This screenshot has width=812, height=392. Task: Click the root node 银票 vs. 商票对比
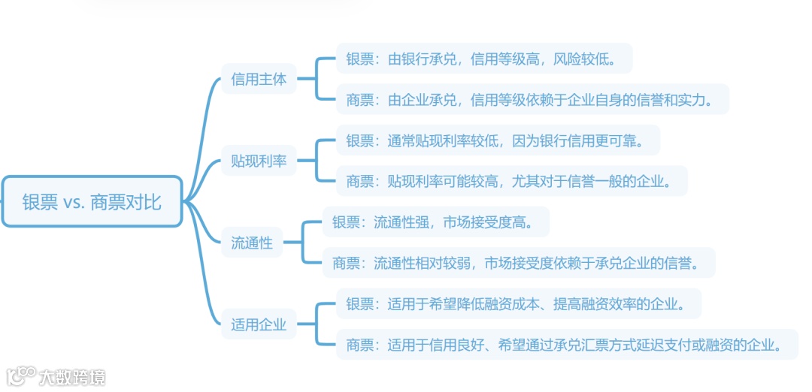[x=92, y=201]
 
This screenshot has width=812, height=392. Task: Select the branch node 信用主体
[x=259, y=79]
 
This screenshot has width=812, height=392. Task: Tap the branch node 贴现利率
[x=259, y=161]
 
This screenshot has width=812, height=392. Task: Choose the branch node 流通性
[x=252, y=243]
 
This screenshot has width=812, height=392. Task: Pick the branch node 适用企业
[x=259, y=324]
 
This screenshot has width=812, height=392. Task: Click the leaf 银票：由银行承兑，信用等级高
[x=483, y=59]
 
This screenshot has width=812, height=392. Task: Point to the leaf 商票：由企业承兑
[x=532, y=99]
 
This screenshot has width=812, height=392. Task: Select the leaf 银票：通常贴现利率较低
[x=497, y=140]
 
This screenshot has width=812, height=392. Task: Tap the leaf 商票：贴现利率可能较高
[x=511, y=181]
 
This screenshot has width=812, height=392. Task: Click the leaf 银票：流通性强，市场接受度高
[x=435, y=222]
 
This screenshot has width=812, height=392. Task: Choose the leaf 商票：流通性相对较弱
[x=518, y=263]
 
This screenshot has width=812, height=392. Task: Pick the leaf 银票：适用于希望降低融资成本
[x=518, y=304]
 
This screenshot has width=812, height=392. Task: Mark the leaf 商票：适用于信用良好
[x=566, y=345]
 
